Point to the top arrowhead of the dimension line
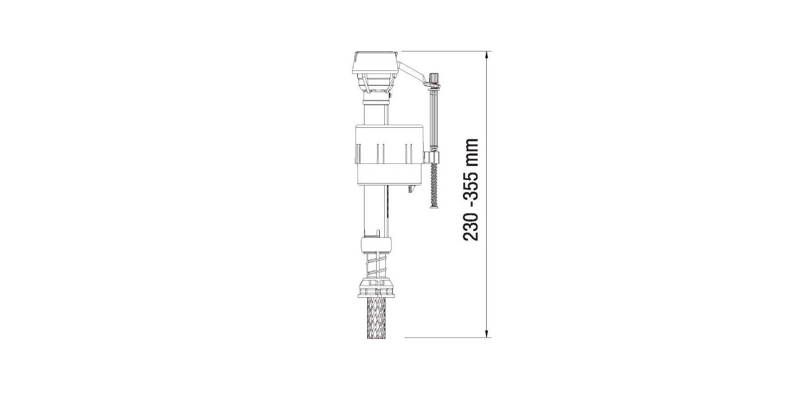pos(487,55)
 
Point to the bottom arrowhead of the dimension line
pos(487,333)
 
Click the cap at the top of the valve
pos(375,63)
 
